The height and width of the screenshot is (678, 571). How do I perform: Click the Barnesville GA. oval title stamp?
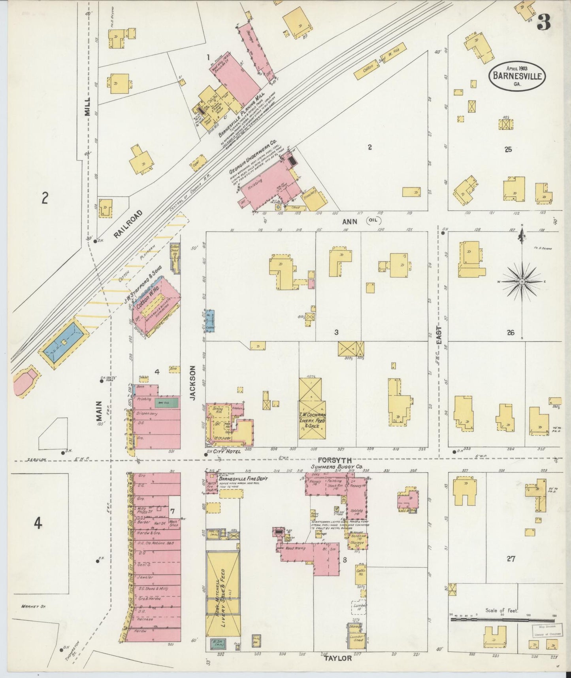(517, 76)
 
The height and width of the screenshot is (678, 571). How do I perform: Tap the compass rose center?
(522, 281)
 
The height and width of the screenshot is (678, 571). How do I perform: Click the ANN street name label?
(350, 222)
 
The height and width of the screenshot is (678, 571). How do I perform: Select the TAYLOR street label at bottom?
(338, 658)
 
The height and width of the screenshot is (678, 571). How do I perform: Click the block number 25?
(508, 150)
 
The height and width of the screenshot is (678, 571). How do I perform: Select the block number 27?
(511, 559)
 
